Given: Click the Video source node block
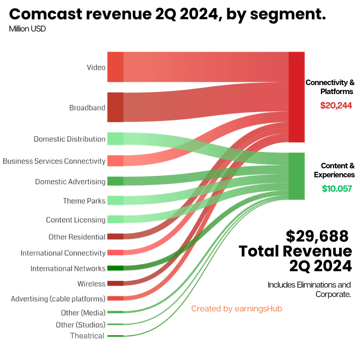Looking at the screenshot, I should [115, 67].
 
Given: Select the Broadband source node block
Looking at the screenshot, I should [115, 107].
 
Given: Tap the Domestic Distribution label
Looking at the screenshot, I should [69, 139].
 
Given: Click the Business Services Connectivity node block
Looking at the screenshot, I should [115, 161].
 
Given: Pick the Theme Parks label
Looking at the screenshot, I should [84, 201].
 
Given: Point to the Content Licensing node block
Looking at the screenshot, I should [115, 219].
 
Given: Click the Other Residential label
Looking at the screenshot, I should [77, 237].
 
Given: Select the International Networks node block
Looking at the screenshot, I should [115, 268].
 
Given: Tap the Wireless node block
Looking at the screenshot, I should [115, 283].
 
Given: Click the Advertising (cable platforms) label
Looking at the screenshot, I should [58, 298].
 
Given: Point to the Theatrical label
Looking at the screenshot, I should [87, 336].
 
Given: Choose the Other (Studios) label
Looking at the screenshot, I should [81, 324].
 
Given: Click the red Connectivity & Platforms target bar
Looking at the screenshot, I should [297, 97].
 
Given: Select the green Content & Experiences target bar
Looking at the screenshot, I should [297, 176].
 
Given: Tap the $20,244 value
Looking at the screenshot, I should [336, 106].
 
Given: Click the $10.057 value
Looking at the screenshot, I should [337, 189].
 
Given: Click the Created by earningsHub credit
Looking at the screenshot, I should [236, 309].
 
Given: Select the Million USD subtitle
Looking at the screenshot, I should [27, 29].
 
